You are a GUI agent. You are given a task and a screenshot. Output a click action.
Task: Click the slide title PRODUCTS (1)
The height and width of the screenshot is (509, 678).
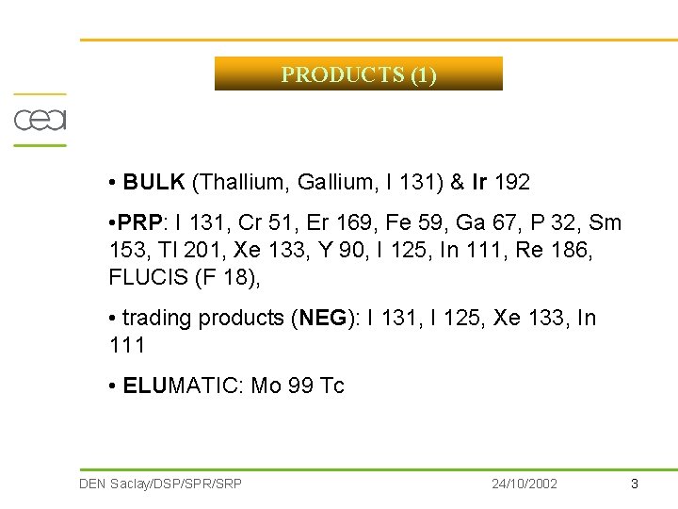pyautogui.click(x=358, y=74)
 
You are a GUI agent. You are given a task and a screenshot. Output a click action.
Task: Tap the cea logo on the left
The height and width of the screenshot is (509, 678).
pyautogui.click(x=40, y=120)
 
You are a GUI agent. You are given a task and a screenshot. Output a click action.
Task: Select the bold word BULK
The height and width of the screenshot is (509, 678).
pyautogui.click(x=154, y=182)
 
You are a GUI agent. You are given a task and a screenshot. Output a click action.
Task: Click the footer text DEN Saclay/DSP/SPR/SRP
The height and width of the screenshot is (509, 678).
pyautogui.click(x=161, y=484)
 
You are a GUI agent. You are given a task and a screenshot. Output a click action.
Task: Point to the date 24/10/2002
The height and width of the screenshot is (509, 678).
pyautogui.click(x=525, y=484)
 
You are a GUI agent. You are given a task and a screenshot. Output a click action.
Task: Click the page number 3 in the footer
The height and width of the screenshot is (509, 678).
pyautogui.click(x=634, y=484)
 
